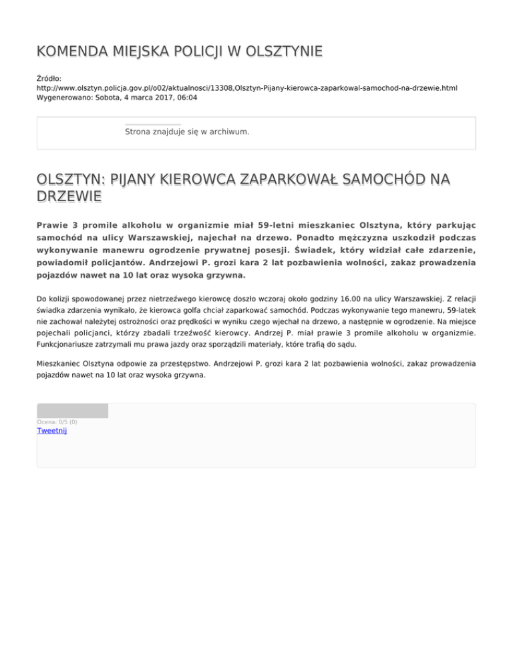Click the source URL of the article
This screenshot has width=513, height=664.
click(246, 88)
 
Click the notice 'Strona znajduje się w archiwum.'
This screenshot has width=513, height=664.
click(187, 132)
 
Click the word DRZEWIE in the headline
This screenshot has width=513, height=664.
click(69, 196)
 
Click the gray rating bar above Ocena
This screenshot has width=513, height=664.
click(72, 411)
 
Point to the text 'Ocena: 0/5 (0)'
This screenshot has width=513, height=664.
click(57, 422)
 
